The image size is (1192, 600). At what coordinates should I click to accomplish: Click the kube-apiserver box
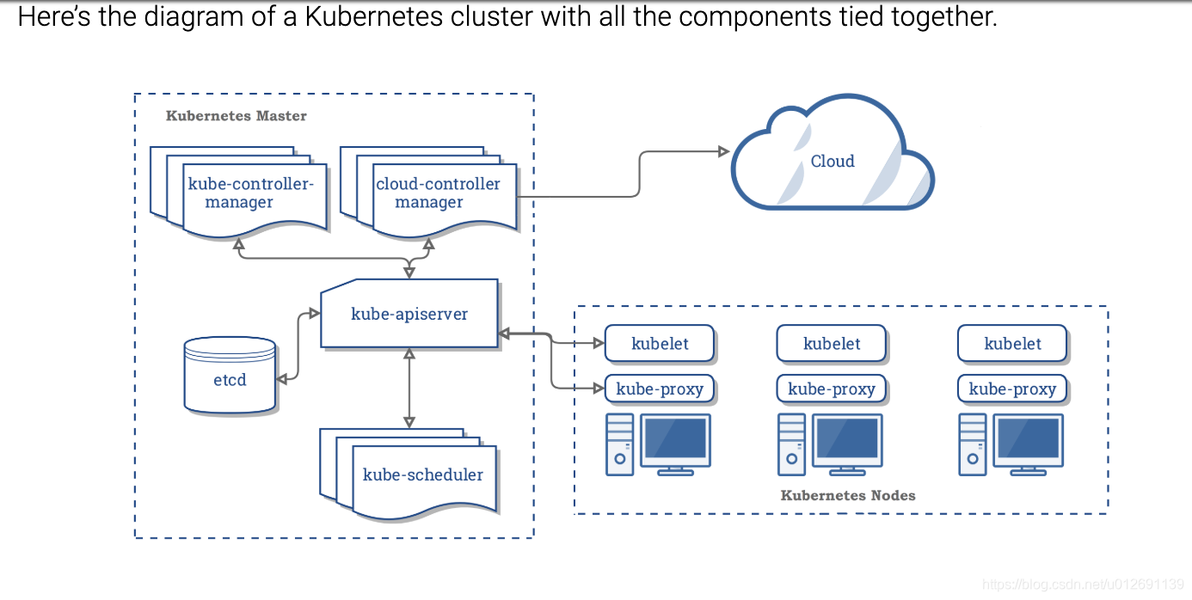[409, 314]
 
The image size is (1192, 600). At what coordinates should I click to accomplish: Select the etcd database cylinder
[230, 376]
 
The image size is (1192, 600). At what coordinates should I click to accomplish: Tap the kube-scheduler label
[423, 474]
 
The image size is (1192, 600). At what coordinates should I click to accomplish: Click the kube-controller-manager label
[251, 193]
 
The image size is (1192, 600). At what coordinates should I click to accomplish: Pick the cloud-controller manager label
[438, 193]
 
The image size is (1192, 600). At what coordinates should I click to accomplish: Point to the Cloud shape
[832, 162]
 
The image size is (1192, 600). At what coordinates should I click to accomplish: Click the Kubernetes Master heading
[236, 115]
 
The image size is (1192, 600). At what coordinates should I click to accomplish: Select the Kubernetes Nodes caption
[847, 495]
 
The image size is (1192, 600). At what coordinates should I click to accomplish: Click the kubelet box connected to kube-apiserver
[660, 344]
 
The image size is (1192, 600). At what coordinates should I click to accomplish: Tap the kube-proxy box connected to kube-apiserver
[660, 389]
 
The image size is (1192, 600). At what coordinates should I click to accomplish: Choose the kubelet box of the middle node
[832, 344]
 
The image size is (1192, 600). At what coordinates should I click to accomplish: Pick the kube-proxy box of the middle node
[832, 389]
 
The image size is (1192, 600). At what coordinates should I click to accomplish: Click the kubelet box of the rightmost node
[1012, 344]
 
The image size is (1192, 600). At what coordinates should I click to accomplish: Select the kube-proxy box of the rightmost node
[1012, 389]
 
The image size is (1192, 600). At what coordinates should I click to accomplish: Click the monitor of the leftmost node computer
[676, 439]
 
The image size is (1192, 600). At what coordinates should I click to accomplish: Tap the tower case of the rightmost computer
[973, 444]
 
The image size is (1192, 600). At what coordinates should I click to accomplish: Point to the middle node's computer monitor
[848, 439]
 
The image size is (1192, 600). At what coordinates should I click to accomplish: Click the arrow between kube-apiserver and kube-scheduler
[409, 388]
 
